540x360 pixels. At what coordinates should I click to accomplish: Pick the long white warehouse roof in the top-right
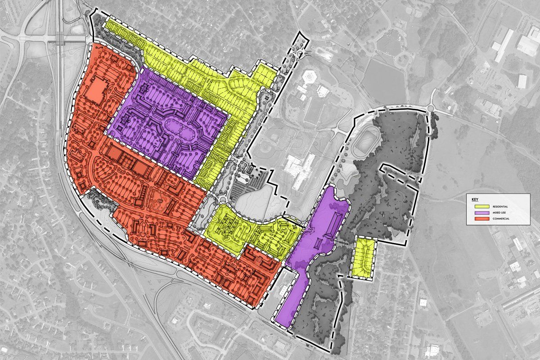point(504,45)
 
